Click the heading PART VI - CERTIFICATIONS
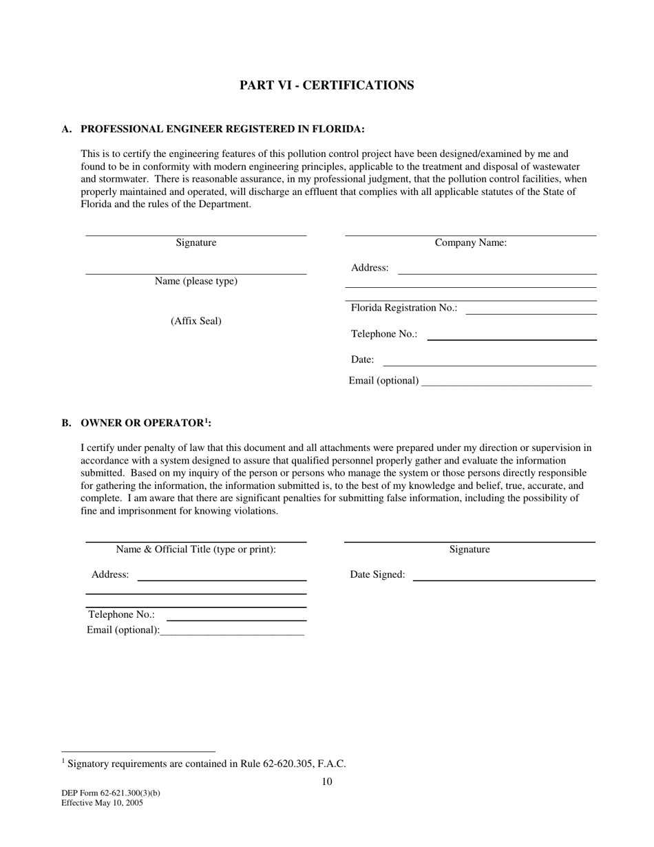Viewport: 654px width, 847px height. pos(326,85)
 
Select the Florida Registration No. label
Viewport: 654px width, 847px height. pos(404,308)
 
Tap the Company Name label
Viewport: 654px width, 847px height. pos(471,242)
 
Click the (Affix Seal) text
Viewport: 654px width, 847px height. pos(196,321)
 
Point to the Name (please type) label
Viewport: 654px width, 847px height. pos(196,281)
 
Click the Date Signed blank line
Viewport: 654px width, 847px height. pos(503,579)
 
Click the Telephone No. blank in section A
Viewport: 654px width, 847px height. pos(511,338)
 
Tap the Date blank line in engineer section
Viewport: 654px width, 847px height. pos(489,364)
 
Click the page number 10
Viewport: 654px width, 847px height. pos(327,781)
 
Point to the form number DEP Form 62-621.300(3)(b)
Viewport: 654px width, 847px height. pos(111,793)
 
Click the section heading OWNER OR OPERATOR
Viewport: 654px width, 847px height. pos(145,423)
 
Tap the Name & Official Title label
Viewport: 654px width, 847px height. pos(196,549)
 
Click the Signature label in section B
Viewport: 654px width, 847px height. pos(470,549)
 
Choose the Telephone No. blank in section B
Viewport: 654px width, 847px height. pos(236,619)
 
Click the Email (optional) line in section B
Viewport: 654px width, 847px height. pos(232,633)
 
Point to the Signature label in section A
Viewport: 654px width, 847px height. pos(196,242)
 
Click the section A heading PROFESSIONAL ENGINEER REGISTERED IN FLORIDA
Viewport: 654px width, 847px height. pos(222,129)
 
